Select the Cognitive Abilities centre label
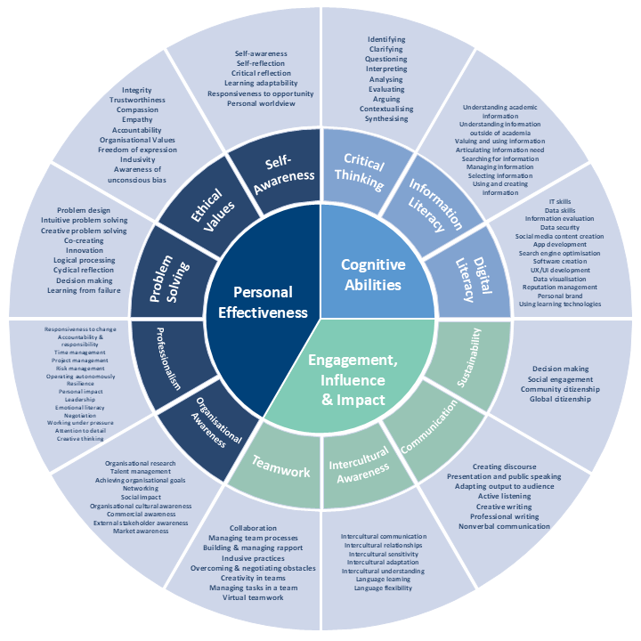click(373, 274)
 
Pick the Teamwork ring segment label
click(281, 466)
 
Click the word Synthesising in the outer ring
click(386, 118)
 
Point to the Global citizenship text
click(561, 400)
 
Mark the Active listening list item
click(504, 497)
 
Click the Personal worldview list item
click(261, 103)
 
